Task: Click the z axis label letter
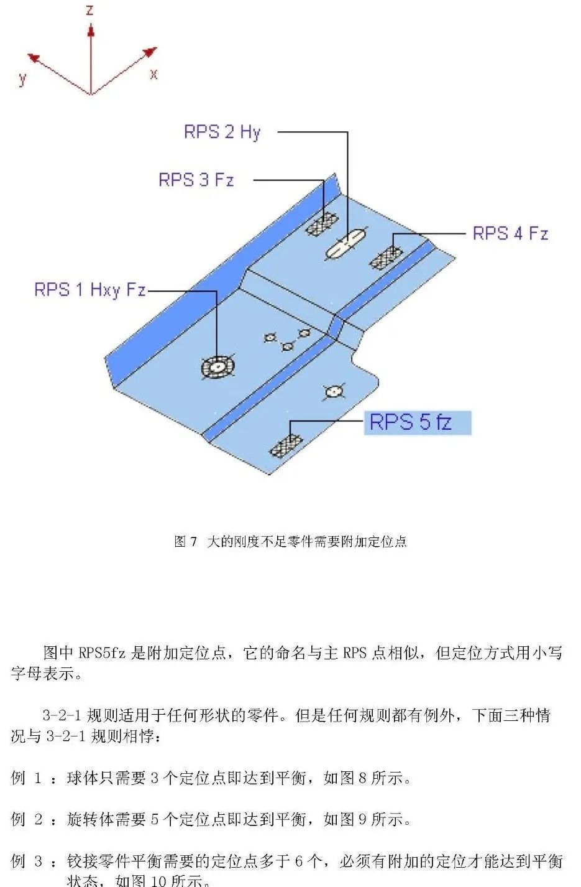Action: click(x=89, y=9)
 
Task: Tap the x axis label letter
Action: click(x=154, y=74)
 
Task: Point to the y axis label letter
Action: click(x=22, y=79)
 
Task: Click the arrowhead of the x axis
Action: click(x=150, y=52)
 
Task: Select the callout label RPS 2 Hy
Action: click(x=222, y=132)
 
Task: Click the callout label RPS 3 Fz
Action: click(x=196, y=179)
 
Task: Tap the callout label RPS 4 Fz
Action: click(x=510, y=233)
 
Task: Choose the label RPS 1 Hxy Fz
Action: click(x=90, y=289)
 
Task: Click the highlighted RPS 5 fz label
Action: click(x=418, y=422)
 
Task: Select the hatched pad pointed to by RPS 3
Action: click(x=322, y=224)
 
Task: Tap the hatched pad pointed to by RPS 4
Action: click(x=387, y=258)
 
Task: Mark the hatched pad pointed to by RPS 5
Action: click(x=286, y=446)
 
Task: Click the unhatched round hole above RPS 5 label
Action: click(x=334, y=392)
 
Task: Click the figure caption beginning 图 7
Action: click(x=290, y=541)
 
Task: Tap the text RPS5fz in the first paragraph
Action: click(x=102, y=652)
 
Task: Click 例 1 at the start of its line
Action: click(x=26, y=778)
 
